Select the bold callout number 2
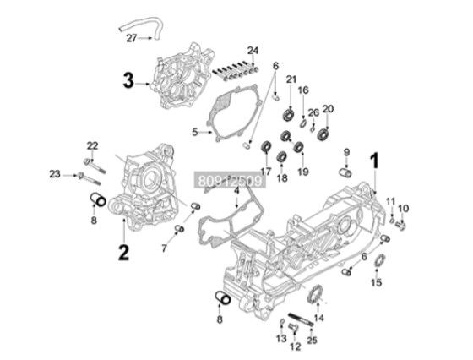(122, 251)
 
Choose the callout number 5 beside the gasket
(195, 132)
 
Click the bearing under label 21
(289, 113)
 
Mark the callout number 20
(329, 107)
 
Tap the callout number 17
(265, 172)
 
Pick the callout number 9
(345, 152)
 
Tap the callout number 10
(404, 207)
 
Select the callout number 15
(378, 281)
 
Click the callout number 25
(313, 340)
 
